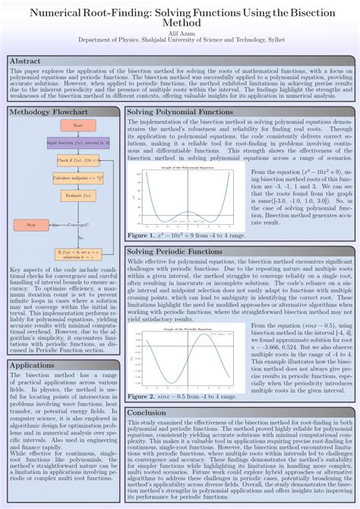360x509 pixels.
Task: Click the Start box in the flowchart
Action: click(78, 125)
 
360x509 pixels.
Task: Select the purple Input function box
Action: click(78, 142)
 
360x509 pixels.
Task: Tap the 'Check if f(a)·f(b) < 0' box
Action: click(78, 160)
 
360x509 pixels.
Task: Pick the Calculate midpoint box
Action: click(78, 177)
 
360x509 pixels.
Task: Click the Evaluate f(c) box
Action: click(78, 195)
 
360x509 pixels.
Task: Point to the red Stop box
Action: click(31, 225)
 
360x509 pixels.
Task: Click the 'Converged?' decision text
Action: click(78, 225)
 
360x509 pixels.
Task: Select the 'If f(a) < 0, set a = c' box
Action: click(78, 252)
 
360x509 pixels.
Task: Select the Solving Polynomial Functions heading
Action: click(174, 112)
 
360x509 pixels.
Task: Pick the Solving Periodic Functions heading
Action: click(174, 230)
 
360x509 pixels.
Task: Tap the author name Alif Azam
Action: click(179, 33)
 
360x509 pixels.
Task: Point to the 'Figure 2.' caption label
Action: click(142, 397)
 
